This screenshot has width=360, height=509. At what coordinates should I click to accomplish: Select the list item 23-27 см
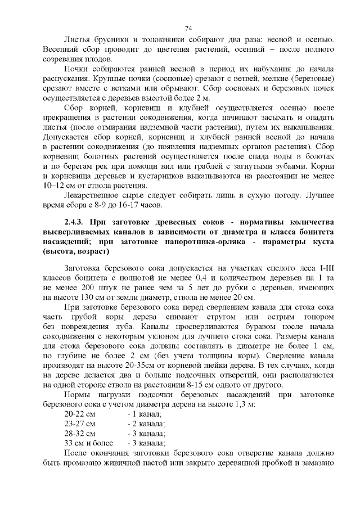pos(80,424)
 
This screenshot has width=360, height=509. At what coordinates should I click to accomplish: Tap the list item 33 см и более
pos(89,443)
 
